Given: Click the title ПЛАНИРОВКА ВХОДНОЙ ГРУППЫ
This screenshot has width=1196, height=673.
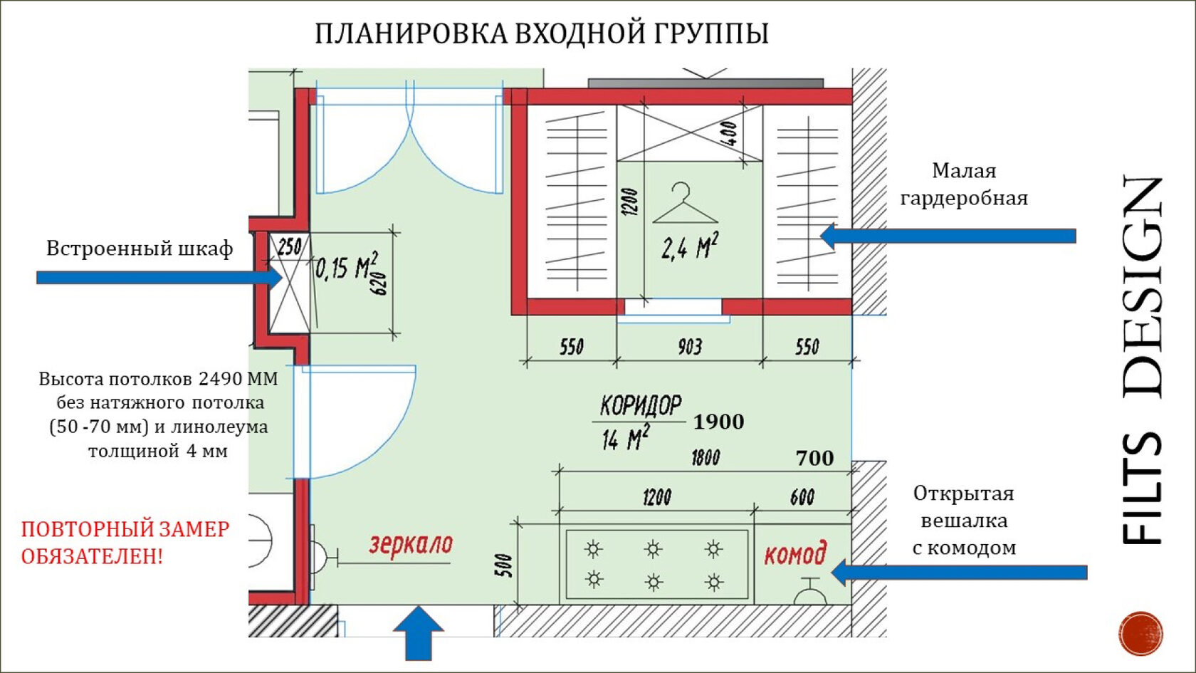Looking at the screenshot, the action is [x=542, y=33].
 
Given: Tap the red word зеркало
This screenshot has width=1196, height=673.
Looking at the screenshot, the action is [x=411, y=545].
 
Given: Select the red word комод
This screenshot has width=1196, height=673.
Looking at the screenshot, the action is [x=795, y=554].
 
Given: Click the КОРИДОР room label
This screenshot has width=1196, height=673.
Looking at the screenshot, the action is [x=640, y=406].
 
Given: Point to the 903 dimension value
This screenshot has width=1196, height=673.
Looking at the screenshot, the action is [x=689, y=347].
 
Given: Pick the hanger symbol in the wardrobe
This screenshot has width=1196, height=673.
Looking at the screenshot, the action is [x=684, y=204].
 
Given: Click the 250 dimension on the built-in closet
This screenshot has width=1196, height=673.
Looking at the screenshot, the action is [x=289, y=247].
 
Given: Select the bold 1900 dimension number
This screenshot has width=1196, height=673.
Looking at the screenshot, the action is [x=718, y=422].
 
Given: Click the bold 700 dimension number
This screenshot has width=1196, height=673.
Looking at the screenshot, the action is [x=814, y=458].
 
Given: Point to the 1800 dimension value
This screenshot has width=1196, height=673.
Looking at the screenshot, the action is [x=705, y=457].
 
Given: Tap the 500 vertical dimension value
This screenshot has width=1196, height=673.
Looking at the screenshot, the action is [x=503, y=565].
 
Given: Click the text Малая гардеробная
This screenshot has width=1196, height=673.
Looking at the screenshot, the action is [x=964, y=184].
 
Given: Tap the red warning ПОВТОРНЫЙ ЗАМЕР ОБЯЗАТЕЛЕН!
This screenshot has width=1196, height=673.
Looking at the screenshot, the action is [x=125, y=542].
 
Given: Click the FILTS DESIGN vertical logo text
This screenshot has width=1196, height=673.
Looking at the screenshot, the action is [x=1143, y=360].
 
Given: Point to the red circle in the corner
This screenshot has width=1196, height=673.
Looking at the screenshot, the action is [x=1140, y=633].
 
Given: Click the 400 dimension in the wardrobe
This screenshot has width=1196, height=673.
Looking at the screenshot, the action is [x=728, y=133].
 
